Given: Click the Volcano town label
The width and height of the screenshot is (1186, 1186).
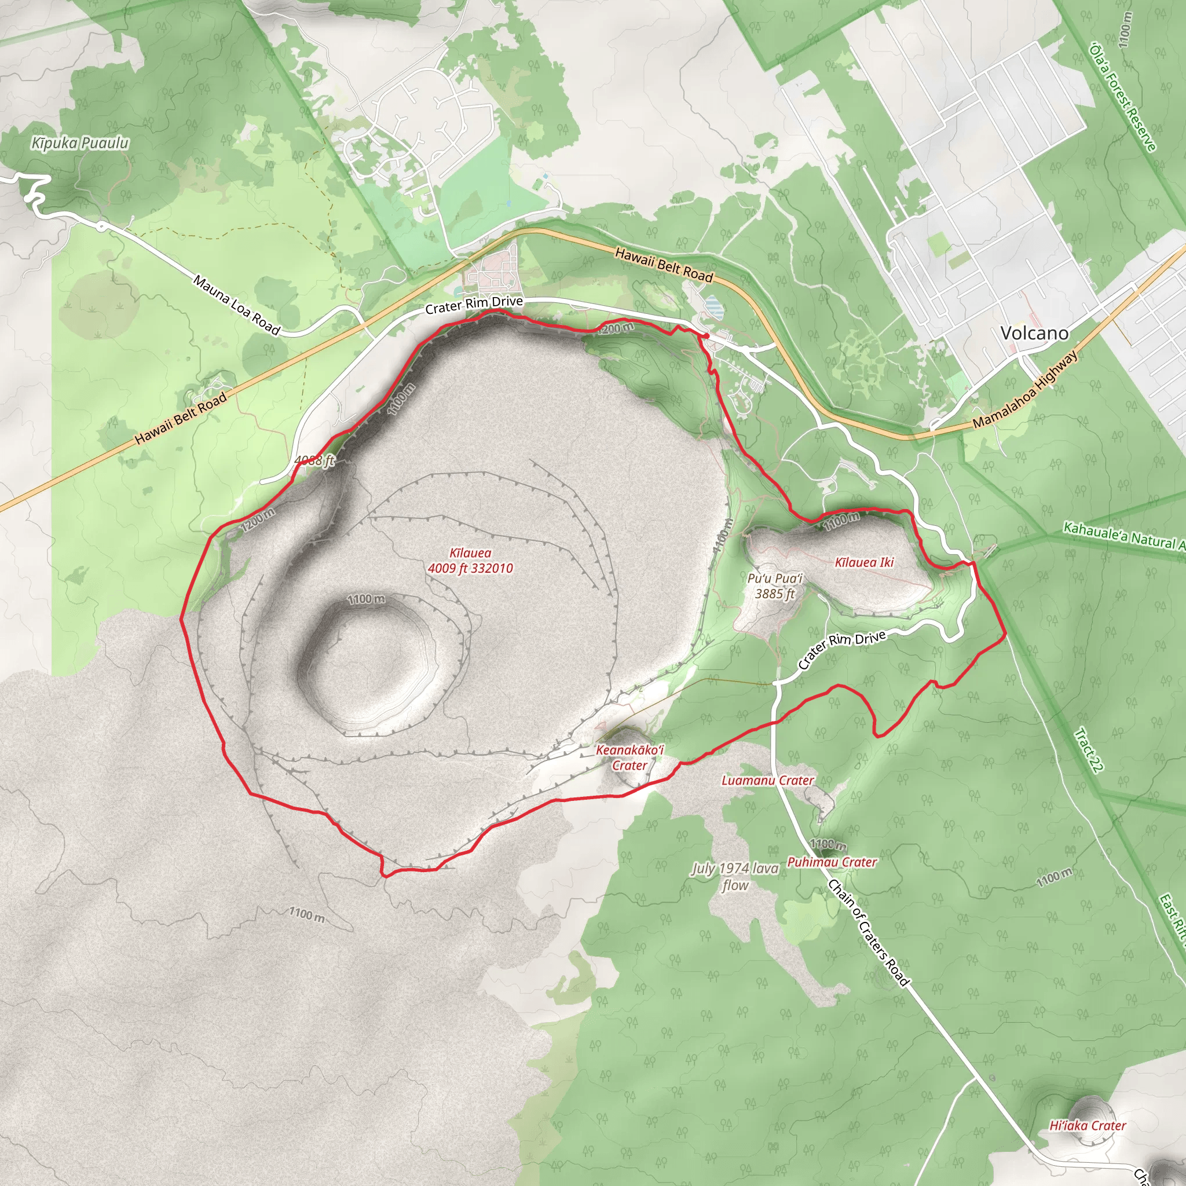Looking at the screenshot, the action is [x=1034, y=334].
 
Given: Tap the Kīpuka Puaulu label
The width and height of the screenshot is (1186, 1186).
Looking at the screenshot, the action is [x=80, y=143].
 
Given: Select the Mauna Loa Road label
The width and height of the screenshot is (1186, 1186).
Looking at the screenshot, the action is [x=236, y=305].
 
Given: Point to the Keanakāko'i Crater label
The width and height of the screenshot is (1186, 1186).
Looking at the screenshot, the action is [x=630, y=757].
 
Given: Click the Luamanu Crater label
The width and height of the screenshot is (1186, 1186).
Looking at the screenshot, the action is [x=767, y=780].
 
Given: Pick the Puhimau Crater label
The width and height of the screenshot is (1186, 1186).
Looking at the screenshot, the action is [x=832, y=862].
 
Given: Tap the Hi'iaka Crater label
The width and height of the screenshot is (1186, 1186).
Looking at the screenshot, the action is [x=1087, y=1125].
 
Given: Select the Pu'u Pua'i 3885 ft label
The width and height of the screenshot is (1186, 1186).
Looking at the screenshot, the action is [x=775, y=585].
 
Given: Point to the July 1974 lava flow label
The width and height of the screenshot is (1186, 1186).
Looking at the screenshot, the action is [x=735, y=877].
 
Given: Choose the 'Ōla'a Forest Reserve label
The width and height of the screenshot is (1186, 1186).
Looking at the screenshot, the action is [x=1123, y=97].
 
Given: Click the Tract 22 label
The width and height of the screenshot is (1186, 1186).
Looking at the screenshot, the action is [x=1089, y=749].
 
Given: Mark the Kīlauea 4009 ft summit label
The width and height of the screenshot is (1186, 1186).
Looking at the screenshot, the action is [x=470, y=561].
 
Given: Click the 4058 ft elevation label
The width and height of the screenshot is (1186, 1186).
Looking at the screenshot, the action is [x=314, y=460].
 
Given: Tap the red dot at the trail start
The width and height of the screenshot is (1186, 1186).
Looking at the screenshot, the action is [x=707, y=336].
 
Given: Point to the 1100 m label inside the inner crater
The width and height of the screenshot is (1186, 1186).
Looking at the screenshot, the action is [x=366, y=599].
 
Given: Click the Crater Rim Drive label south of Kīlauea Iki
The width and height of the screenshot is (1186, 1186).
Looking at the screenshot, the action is [x=841, y=648].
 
